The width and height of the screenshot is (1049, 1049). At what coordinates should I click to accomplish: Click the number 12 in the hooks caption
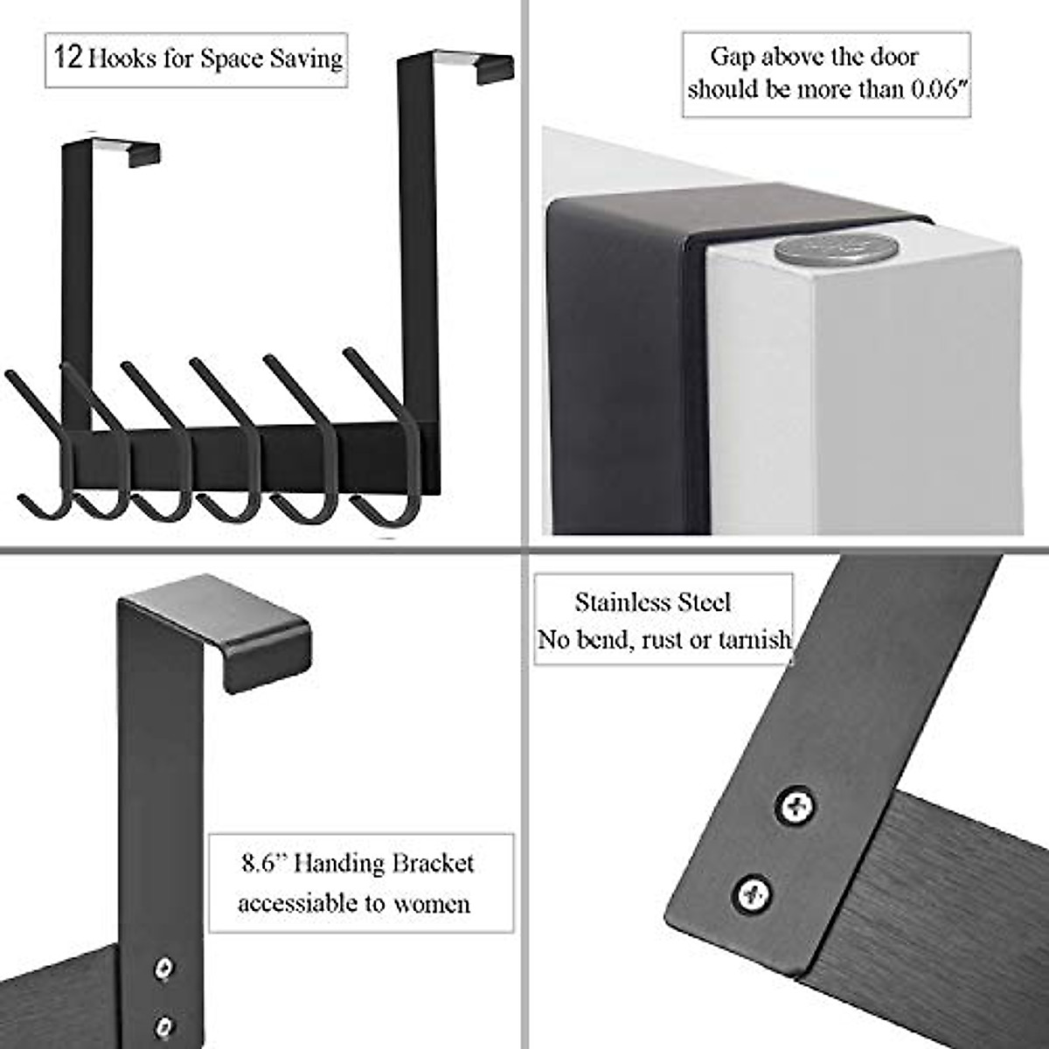[68, 59]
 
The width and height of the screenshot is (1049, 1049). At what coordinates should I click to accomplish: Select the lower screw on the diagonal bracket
[752, 893]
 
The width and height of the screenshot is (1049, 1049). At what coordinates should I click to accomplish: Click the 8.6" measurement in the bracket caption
[265, 864]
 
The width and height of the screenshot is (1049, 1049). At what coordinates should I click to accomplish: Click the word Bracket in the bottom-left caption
[433, 864]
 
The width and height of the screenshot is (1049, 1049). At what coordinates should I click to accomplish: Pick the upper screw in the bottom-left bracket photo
[163, 968]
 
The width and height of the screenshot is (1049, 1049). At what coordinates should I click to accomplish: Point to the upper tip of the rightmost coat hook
[349, 352]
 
